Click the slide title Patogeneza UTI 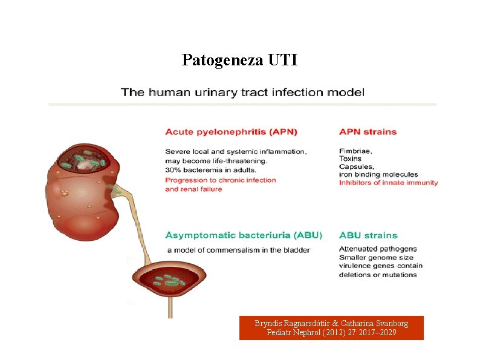(x=239, y=61)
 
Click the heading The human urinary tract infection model (x=242, y=93)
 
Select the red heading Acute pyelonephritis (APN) (x=231, y=132)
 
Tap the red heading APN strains (x=368, y=132)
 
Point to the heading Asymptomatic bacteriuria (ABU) (x=244, y=235)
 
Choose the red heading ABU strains (x=368, y=235)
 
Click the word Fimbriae (x=355, y=151)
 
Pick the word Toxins (x=351, y=159)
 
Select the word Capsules (x=357, y=167)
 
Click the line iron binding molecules (x=378, y=175)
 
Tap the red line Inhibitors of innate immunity (x=388, y=183)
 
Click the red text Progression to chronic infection (x=220, y=180)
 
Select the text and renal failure (x=193, y=189)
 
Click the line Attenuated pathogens (x=378, y=249)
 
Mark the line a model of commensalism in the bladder (x=238, y=250)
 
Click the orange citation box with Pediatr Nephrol (x=331, y=328)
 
